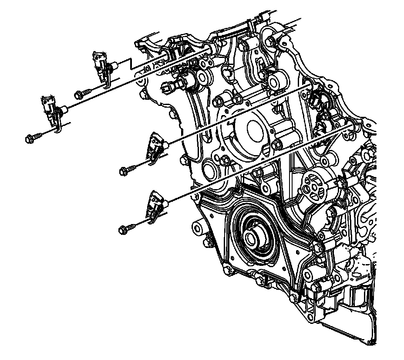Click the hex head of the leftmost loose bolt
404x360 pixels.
tap(29, 139)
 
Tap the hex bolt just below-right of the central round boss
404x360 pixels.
tap(277, 144)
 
